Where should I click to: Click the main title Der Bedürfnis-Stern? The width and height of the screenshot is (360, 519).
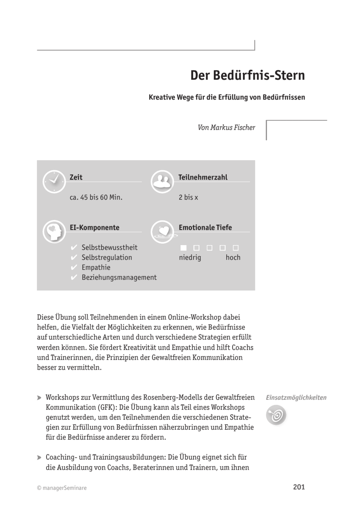247,76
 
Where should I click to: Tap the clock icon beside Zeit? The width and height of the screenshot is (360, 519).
54,182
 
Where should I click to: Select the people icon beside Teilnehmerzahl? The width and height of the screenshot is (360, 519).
162,182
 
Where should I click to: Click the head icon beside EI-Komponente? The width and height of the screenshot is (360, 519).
54,232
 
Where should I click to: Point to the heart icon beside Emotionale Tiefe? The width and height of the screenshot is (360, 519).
163,232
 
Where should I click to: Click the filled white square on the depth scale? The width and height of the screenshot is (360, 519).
184,248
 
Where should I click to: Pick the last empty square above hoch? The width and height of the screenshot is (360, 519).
236,248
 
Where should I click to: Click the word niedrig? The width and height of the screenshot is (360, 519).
190,258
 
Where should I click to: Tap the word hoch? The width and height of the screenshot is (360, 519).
233,258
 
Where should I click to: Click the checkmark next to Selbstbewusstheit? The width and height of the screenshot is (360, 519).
74,248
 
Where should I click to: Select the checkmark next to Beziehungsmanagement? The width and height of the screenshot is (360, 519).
74,277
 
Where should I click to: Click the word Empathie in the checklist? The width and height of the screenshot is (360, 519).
96,267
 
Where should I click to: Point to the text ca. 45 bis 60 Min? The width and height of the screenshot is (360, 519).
96,197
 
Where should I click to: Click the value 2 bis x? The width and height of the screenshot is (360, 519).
188,197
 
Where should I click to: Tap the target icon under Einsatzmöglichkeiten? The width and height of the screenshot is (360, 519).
276,415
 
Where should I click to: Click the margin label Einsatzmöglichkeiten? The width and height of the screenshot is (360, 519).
296,398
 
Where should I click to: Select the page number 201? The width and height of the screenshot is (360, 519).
299,487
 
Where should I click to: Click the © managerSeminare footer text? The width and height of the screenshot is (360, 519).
62,488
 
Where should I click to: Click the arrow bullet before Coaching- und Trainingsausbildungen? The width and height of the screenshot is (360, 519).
39,457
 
